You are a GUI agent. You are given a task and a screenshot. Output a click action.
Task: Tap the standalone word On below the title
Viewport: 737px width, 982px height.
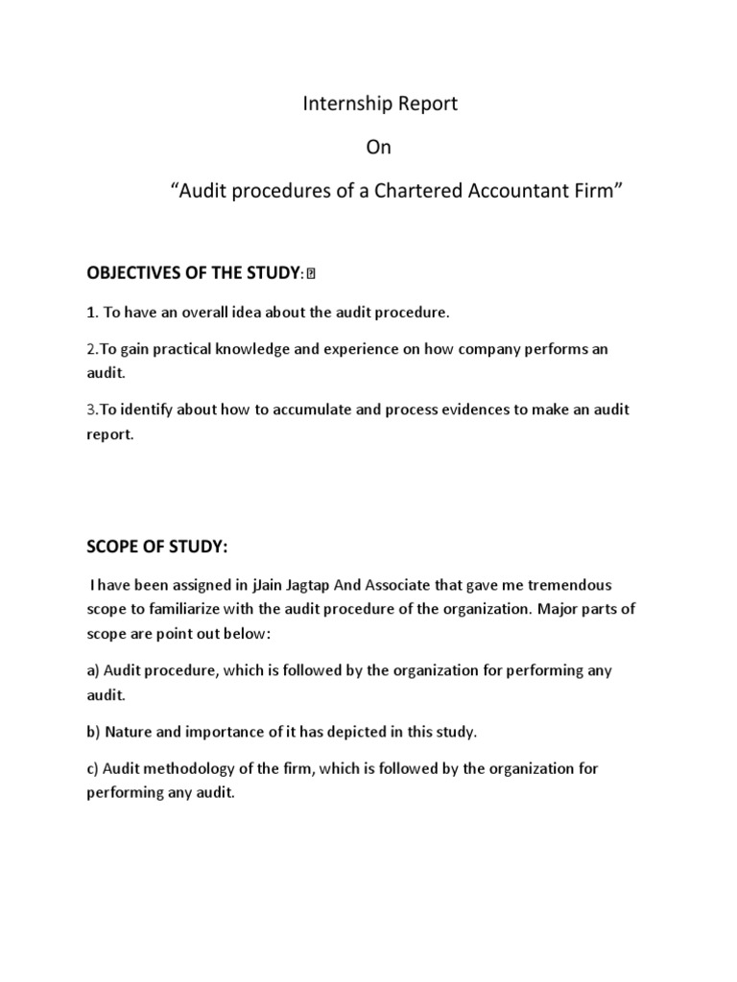pos(380,149)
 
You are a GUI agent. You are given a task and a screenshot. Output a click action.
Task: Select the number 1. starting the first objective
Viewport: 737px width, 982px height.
pos(93,313)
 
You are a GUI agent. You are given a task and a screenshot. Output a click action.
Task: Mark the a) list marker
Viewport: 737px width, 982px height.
pos(93,670)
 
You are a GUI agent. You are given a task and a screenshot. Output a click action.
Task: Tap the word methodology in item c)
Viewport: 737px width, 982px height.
pos(189,769)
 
